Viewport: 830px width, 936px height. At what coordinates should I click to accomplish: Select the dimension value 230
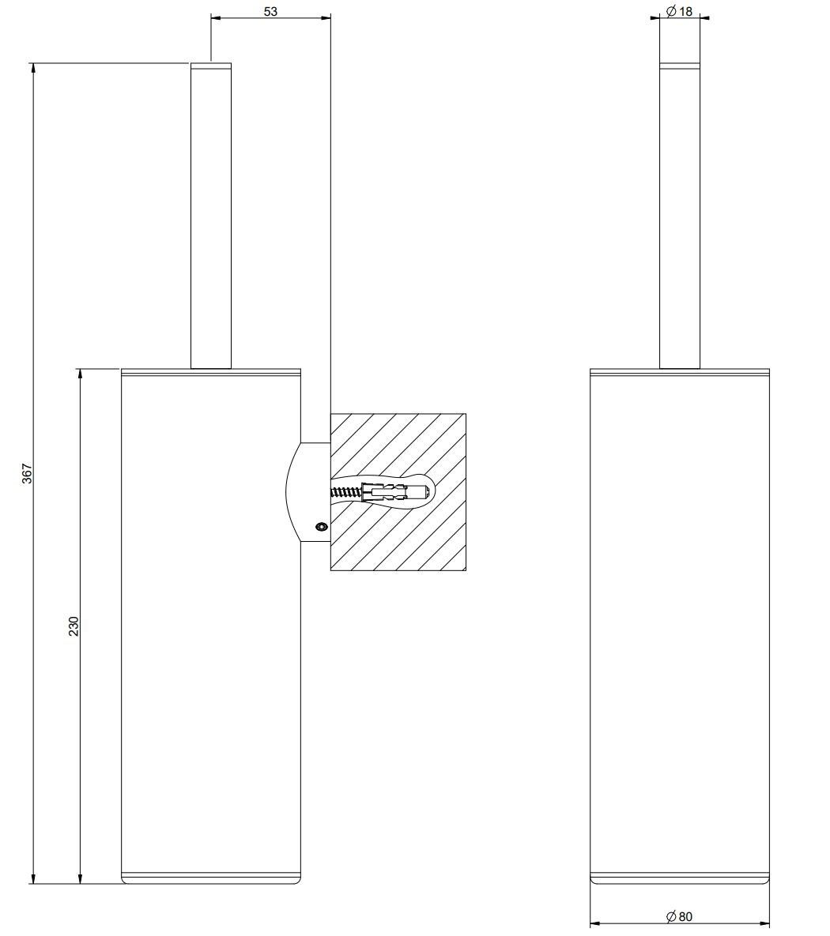[x=74, y=626]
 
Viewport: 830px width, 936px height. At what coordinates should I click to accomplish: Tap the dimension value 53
[x=270, y=11]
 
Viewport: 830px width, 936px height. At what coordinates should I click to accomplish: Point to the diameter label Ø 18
[x=679, y=11]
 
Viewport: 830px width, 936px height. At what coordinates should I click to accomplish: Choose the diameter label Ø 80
[x=679, y=916]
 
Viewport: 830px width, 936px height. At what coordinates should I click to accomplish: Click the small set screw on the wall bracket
[x=322, y=526]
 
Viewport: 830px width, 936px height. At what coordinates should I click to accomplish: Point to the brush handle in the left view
[x=211, y=216]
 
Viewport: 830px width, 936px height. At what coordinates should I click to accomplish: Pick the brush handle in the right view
[x=680, y=216]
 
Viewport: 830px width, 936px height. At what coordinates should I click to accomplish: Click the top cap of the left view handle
[x=211, y=66]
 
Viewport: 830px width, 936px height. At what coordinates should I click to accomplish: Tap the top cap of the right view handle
[x=680, y=66]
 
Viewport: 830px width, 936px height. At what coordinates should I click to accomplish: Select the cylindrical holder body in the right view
[x=680, y=626]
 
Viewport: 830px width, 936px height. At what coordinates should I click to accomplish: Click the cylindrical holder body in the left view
[x=211, y=626]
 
